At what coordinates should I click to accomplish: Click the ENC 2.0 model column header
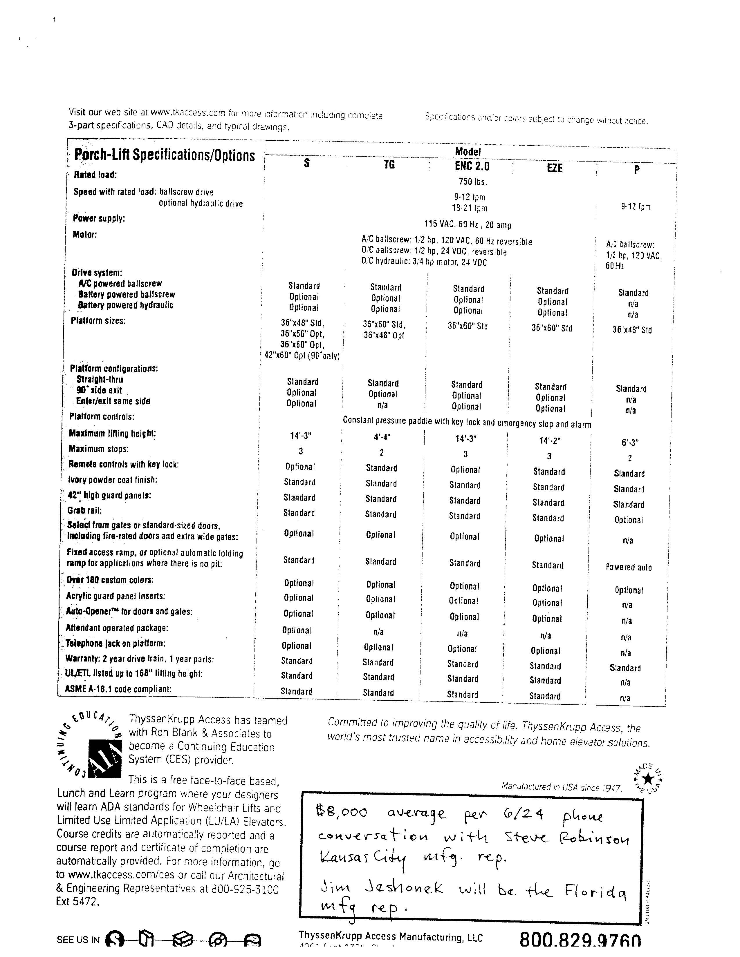[x=472, y=166]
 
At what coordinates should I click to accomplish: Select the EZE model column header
[x=555, y=168]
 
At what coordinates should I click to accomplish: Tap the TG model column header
[x=389, y=165]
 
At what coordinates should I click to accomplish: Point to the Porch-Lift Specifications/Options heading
[x=164, y=155]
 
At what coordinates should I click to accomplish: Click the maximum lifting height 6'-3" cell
[x=630, y=443]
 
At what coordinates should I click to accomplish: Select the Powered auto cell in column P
[x=629, y=567]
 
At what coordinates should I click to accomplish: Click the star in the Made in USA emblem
[x=648, y=779]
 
